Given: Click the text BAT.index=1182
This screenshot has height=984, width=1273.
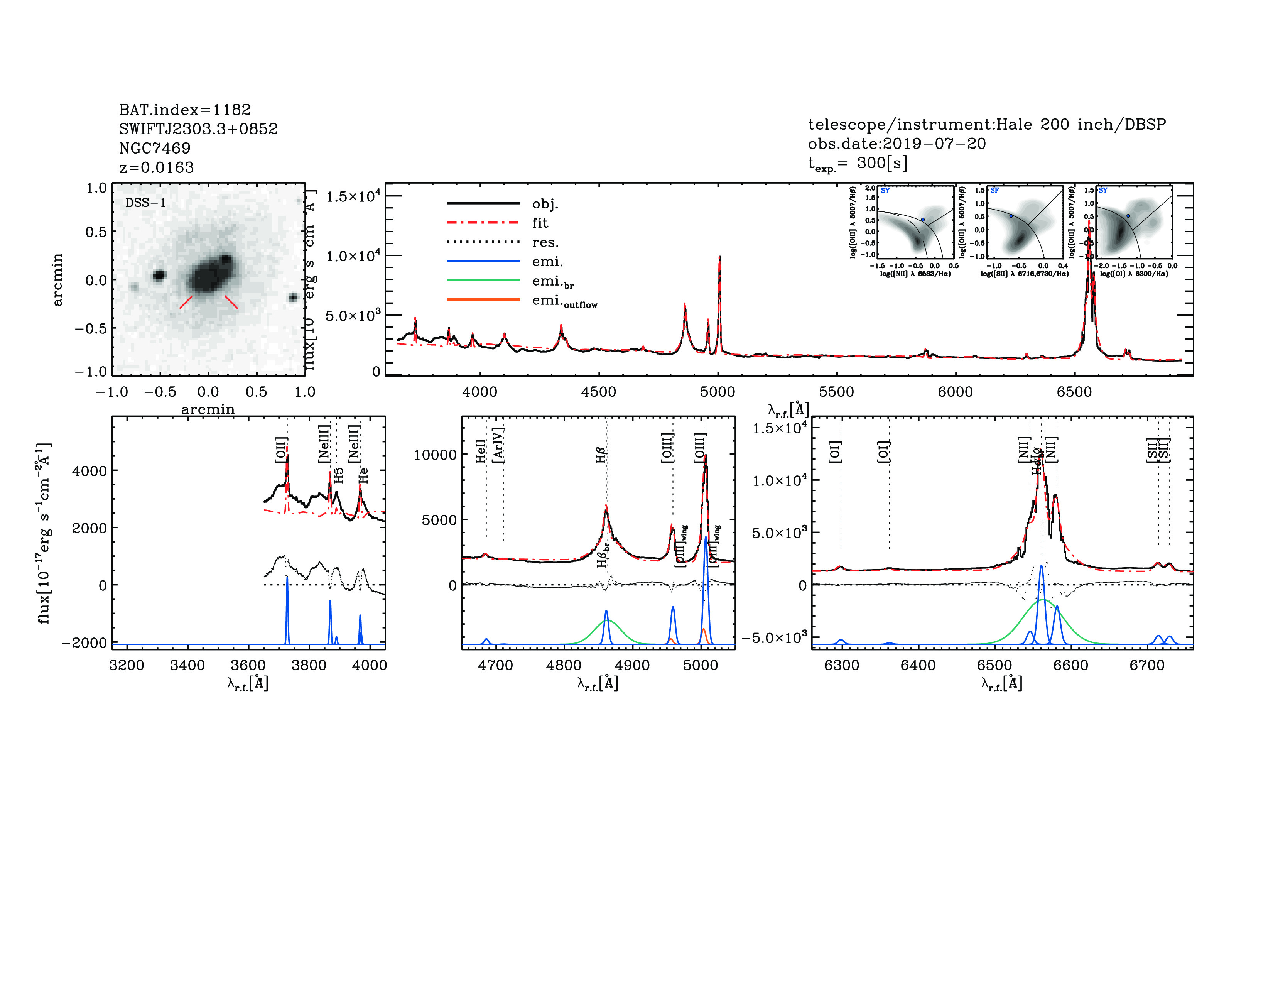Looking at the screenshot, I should pos(185,110).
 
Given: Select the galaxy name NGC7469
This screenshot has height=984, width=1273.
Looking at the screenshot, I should pos(154,148).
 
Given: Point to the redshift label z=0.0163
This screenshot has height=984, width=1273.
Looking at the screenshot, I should pos(156,167).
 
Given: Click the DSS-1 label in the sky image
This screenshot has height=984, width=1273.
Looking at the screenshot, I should pos(146,203).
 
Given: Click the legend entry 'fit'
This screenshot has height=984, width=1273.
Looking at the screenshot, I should pos(540,223).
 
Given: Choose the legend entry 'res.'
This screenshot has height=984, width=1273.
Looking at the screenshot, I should pos(544,242).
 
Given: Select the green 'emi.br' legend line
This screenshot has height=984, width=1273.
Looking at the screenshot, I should pos(483,281).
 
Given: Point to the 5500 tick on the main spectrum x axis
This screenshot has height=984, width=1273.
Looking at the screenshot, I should pos(836,392).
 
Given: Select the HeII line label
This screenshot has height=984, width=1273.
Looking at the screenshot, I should pos(480,451).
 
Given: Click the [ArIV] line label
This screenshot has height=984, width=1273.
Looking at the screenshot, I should pos(498,445).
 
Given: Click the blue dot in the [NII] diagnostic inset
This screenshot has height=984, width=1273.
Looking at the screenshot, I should pos(923,220).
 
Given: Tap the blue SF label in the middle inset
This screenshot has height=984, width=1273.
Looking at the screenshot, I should pos(994,191).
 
